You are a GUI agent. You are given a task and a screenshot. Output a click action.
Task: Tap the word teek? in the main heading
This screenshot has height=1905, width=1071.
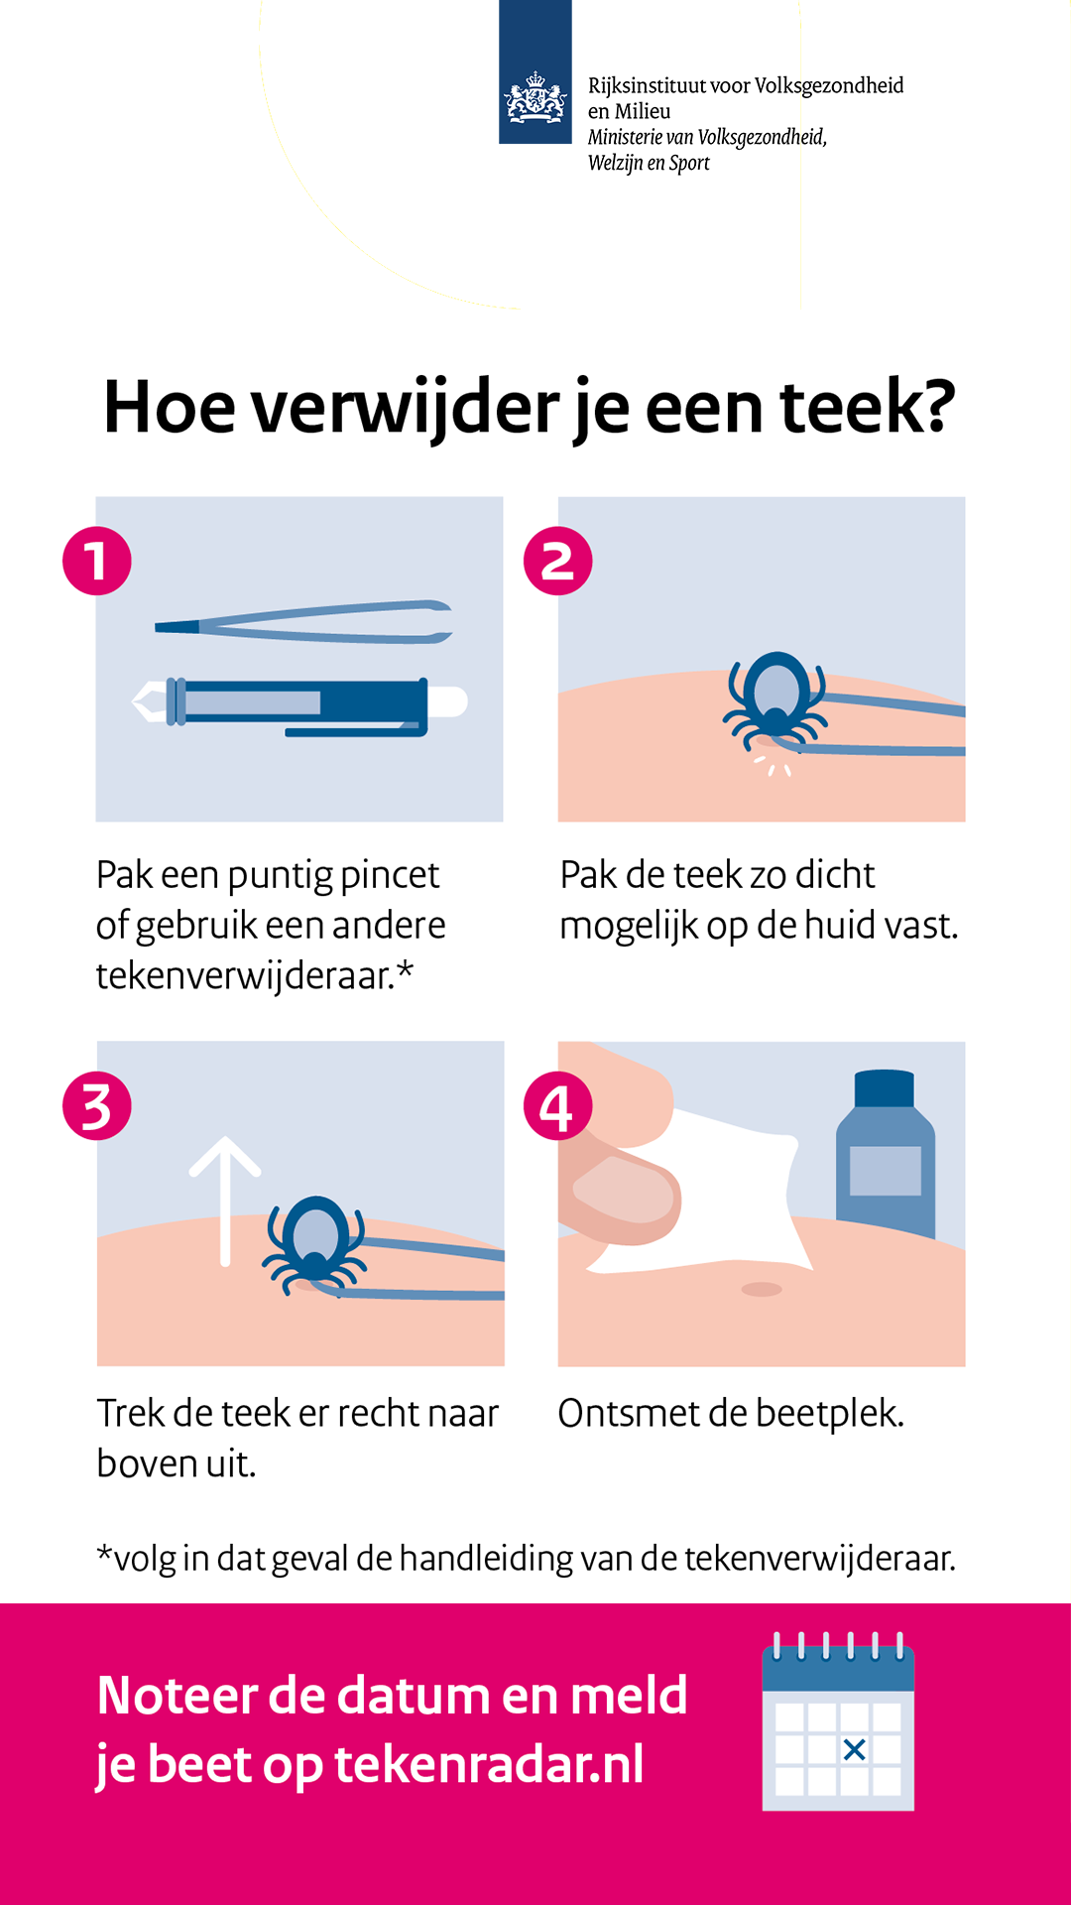pyautogui.click(x=868, y=407)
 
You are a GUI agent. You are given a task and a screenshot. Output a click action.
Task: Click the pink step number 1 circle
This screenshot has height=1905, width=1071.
pyautogui.click(x=97, y=561)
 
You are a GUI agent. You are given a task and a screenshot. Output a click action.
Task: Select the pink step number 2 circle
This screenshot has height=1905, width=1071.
pyautogui.click(x=558, y=561)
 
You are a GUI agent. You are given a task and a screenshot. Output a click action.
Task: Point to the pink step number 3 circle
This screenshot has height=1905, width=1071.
pyautogui.click(x=97, y=1106)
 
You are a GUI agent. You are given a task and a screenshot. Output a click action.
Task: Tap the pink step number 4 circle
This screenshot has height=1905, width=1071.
pyautogui.click(x=558, y=1106)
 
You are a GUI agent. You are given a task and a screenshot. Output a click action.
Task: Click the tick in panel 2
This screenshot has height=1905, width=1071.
pyautogui.click(x=775, y=699)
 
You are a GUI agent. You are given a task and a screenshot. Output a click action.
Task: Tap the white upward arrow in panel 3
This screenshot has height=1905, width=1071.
pyautogui.click(x=225, y=1201)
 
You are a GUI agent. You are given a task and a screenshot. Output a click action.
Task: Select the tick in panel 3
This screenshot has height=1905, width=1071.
pyautogui.click(x=315, y=1244)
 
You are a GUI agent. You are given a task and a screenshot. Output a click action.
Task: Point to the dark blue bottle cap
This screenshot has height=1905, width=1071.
pyautogui.click(x=884, y=1087)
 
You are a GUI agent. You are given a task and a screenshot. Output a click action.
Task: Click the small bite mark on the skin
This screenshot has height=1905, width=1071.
pyautogui.click(x=762, y=1289)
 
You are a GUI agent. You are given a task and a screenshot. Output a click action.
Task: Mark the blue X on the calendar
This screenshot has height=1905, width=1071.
pyautogui.click(x=854, y=1749)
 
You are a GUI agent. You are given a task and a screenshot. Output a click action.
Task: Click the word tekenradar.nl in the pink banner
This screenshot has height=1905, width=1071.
pyautogui.click(x=489, y=1764)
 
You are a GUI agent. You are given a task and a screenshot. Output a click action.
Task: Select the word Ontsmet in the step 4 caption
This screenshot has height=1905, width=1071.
pyautogui.click(x=629, y=1413)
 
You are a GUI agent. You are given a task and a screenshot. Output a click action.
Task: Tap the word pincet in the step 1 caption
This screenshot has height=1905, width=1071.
pyautogui.click(x=390, y=876)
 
